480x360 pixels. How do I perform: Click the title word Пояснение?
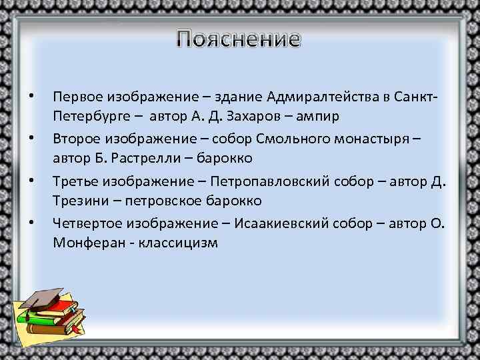pyautogui.click(x=239, y=40)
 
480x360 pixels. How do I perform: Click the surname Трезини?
pyautogui.click(x=79, y=201)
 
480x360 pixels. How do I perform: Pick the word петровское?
pyautogui.click(x=166, y=201)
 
